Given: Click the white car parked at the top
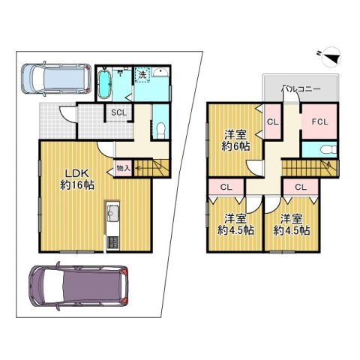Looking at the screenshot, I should [50, 76].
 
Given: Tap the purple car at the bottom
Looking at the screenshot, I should [79, 289].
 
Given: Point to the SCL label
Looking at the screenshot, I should [118, 112].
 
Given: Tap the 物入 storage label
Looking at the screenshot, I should [123, 168].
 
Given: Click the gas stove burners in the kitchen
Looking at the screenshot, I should [113, 242].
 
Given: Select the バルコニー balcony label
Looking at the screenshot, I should [301, 88].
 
